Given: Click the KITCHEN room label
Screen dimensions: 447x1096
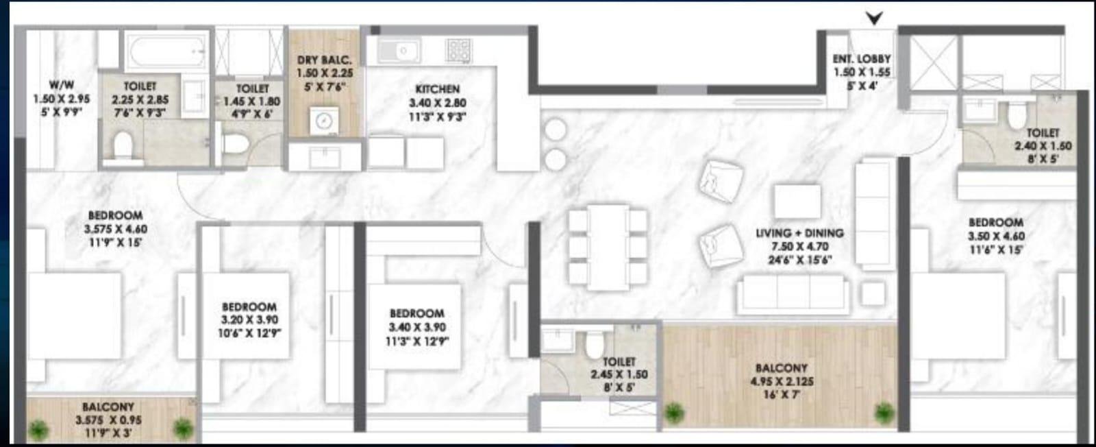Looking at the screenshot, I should point(437,89).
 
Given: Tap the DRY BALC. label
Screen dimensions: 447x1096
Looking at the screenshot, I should point(324,60).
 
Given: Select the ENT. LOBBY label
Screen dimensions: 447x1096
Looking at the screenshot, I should point(861,60).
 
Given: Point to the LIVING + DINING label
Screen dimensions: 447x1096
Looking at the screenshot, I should point(799,233).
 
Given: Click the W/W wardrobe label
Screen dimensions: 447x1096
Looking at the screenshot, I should point(62,86).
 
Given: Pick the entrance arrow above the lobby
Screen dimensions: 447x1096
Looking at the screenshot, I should point(874,19).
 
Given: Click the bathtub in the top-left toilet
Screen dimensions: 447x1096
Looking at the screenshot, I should point(164,49).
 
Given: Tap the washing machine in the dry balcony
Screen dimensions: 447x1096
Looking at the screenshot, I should point(323,121).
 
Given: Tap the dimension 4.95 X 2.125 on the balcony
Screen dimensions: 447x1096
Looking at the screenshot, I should point(781,382).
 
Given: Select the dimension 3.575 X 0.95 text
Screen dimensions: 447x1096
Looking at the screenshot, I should point(108,420).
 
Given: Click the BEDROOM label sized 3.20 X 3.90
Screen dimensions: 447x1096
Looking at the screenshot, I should point(249,307).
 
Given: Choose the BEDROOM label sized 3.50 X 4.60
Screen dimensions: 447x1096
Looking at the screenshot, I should point(995,223).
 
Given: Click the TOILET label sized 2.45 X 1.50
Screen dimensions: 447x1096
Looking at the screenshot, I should point(619,361).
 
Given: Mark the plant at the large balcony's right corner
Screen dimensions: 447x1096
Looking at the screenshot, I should point(884,411).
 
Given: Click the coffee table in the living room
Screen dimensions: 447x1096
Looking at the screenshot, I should point(797,200).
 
